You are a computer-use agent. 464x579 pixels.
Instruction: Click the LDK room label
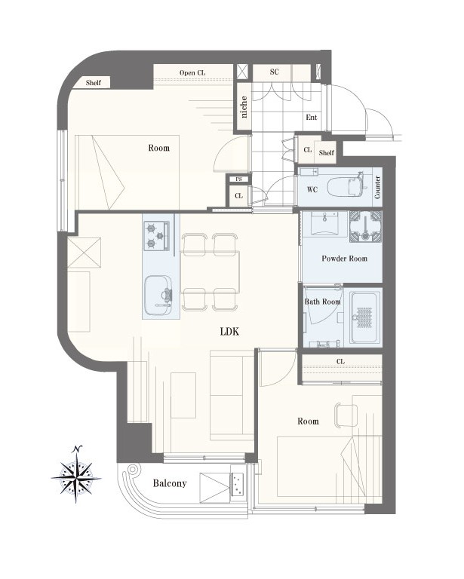tap(229, 332)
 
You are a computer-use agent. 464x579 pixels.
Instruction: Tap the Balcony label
tap(170, 483)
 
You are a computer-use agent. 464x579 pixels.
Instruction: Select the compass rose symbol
tap(76, 474)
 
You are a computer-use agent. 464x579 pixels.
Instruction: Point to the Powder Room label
tap(344, 259)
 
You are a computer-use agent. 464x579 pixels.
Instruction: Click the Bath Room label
tap(322, 302)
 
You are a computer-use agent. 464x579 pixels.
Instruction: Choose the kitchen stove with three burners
tap(156, 235)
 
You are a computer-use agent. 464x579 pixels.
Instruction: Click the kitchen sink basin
tap(158, 295)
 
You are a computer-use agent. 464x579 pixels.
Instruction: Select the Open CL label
tap(192, 72)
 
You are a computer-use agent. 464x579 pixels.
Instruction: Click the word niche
tap(244, 107)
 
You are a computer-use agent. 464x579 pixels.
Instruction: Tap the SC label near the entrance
tap(274, 72)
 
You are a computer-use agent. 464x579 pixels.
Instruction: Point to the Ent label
tap(312, 118)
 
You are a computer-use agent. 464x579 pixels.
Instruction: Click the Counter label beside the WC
tap(377, 187)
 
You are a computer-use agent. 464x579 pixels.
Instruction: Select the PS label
tap(239, 179)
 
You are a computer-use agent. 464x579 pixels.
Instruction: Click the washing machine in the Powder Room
tap(366, 226)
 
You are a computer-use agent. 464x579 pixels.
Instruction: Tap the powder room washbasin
tap(324, 223)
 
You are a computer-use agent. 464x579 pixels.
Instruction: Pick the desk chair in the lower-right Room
tap(346, 416)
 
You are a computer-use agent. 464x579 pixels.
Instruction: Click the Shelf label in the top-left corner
tap(93, 83)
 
